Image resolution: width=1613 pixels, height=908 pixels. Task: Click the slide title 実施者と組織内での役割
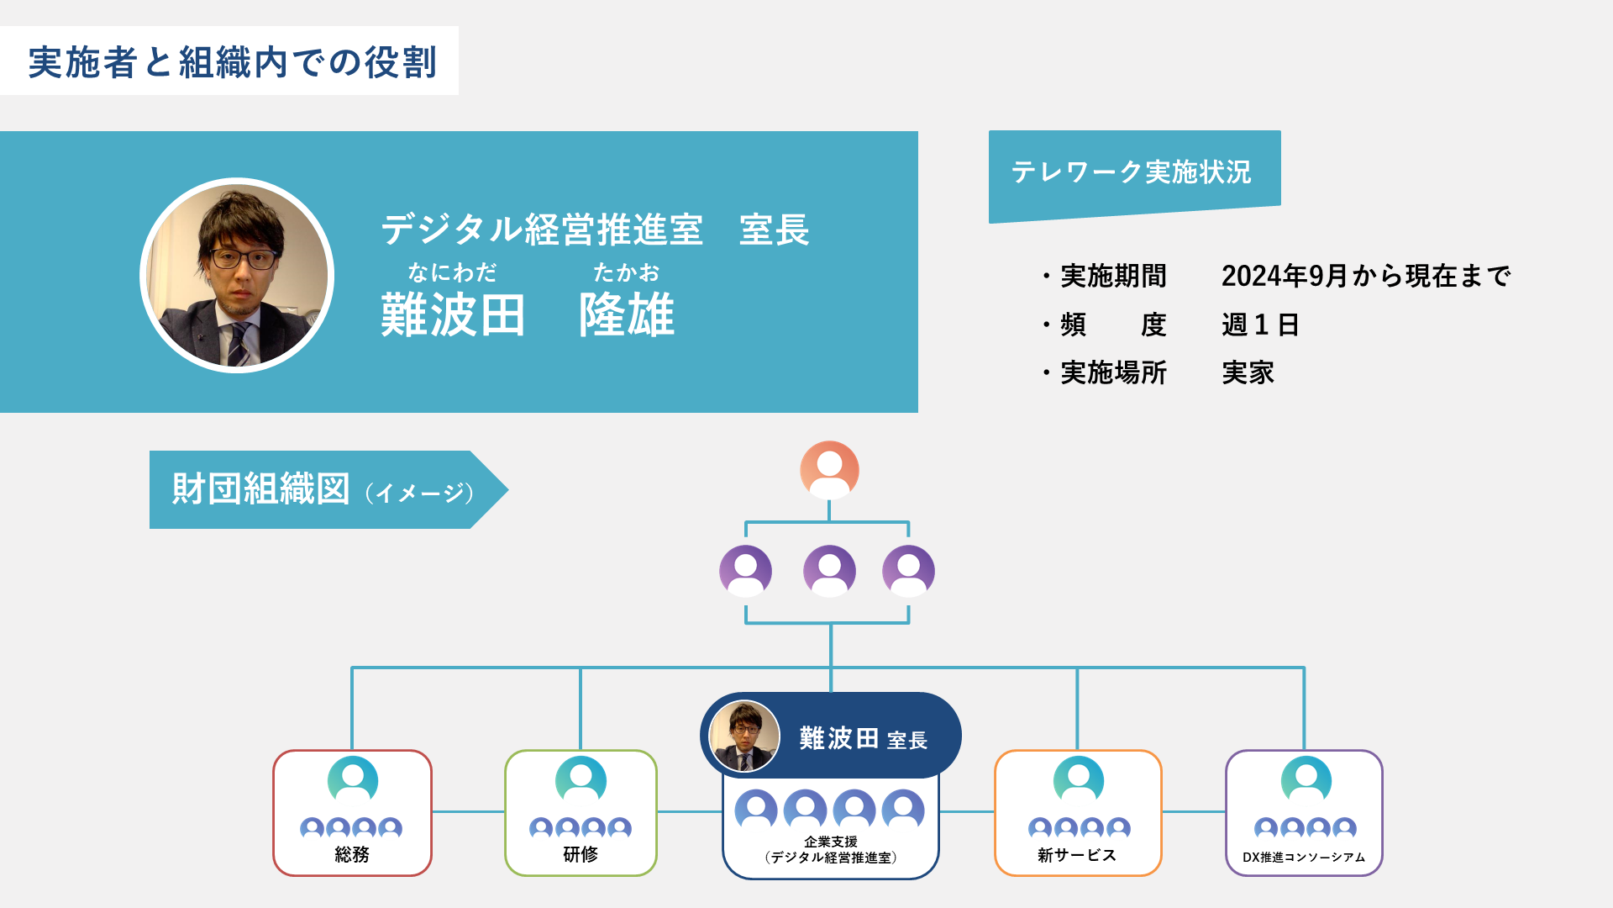[x=232, y=62]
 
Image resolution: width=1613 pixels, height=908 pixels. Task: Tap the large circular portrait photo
[x=237, y=275]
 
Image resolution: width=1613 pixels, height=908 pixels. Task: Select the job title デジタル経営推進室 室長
[x=595, y=230]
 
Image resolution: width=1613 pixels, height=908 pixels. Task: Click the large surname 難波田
[x=453, y=314]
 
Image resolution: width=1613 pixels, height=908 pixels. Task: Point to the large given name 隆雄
[x=626, y=314]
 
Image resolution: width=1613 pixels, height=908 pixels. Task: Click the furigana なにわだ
[x=452, y=272]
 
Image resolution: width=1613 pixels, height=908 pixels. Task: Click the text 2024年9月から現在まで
[x=1366, y=276]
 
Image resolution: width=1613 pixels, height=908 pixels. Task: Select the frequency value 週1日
[x=1260, y=325]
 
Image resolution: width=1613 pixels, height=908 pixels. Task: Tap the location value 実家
[x=1248, y=372]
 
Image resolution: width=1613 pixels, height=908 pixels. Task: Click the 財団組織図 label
[x=260, y=488]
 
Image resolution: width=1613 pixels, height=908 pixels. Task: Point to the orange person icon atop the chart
[x=829, y=470]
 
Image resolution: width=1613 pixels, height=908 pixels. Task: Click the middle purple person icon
[x=829, y=571]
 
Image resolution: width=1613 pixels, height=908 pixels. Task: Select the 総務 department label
[x=352, y=854]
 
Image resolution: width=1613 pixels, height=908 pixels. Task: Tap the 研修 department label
[x=581, y=854]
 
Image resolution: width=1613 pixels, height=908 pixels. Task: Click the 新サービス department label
[x=1077, y=855]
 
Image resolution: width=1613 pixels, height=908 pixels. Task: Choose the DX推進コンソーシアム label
[x=1304, y=858]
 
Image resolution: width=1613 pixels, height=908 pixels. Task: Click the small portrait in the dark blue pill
[x=744, y=736]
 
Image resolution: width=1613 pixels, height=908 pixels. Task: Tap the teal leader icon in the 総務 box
[x=353, y=780]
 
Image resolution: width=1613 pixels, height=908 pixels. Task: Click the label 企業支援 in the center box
[x=831, y=842]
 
